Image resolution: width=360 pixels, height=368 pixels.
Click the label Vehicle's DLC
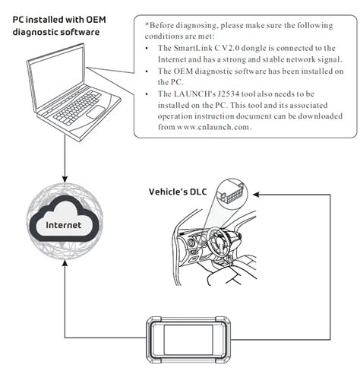(x=181, y=192)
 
